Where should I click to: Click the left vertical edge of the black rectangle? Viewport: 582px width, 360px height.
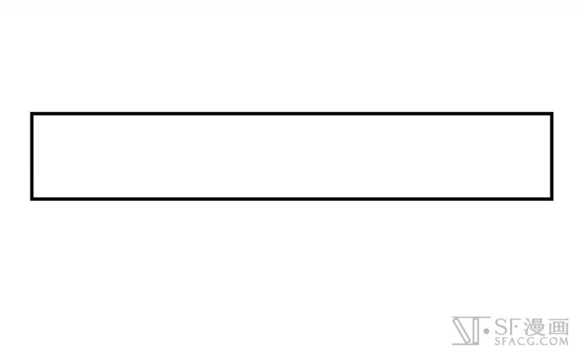[x=32, y=156]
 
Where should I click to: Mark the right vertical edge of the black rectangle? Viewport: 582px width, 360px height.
[x=551, y=156]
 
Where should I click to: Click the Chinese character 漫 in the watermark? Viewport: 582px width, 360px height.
[x=534, y=327]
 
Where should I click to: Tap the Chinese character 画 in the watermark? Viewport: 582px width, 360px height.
[x=558, y=327]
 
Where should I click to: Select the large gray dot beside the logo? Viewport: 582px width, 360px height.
[x=486, y=331]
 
